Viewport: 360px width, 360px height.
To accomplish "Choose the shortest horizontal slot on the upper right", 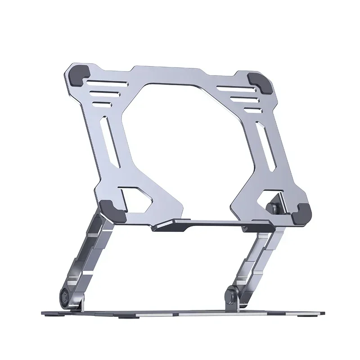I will (254, 110).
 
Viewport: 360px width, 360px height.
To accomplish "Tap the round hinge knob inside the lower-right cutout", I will (273, 208).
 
